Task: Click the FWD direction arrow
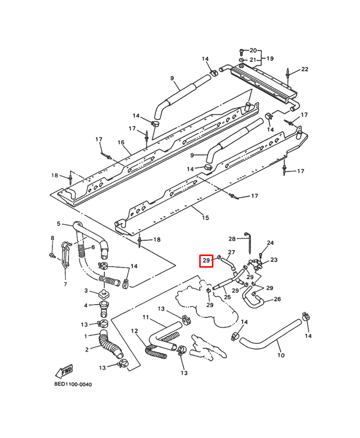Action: click(64, 371)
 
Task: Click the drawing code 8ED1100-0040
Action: click(73, 384)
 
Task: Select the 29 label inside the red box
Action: click(206, 261)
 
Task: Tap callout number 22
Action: click(304, 69)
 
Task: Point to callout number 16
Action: click(121, 143)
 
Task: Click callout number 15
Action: click(205, 218)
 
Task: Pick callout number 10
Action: click(281, 355)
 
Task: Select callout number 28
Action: click(232, 238)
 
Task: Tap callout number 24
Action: click(270, 242)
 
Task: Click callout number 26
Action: click(277, 299)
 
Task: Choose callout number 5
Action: click(58, 224)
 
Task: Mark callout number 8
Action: click(52, 237)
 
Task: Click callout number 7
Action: click(65, 284)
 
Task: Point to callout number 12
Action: click(134, 331)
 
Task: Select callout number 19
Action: click(269, 58)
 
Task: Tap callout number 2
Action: click(86, 349)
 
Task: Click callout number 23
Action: click(274, 260)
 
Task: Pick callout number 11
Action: click(145, 317)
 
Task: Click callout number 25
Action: click(227, 297)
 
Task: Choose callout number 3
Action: click(86, 291)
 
